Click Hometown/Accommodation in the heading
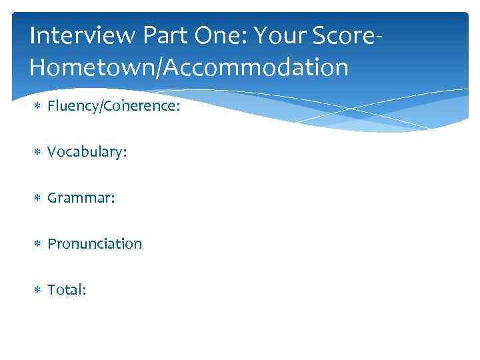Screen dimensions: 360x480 tap(189, 67)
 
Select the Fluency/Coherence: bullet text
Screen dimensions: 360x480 tap(113, 107)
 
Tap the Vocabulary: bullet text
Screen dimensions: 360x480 tap(87, 153)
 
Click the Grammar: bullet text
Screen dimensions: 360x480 tap(81, 198)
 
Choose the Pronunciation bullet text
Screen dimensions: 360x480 tap(95, 244)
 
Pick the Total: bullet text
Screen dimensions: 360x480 tap(67, 289)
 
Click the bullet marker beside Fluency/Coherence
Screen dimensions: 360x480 tap(37, 107)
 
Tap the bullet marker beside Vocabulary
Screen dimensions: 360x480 tap(37, 153)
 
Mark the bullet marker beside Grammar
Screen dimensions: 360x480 tap(37, 199)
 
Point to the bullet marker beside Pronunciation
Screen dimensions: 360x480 tap(37, 245)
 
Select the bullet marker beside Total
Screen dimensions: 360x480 tap(37, 290)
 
